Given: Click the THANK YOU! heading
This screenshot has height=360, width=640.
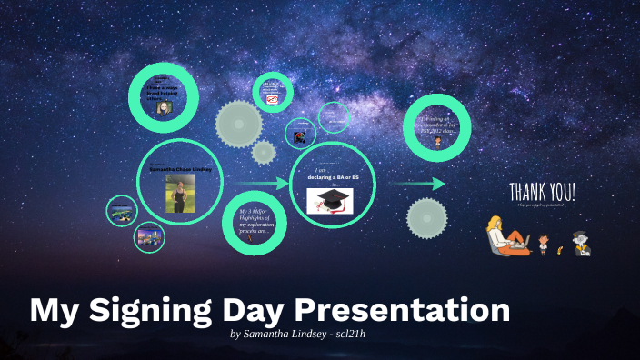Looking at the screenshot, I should click(x=542, y=192).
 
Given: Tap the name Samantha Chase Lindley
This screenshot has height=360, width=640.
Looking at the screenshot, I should click(x=180, y=169).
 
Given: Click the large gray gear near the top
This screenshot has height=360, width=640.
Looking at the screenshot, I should click(x=238, y=122).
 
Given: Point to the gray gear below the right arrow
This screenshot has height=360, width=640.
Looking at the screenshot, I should click(x=425, y=218).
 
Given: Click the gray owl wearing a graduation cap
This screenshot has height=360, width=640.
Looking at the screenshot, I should click(x=580, y=243).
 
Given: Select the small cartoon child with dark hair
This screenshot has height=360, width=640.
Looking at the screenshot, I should click(x=544, y=243).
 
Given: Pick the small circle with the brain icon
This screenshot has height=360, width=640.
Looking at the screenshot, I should click(x=298, y=135).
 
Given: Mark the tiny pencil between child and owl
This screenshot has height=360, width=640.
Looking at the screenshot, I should click(x=560, y=247).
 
